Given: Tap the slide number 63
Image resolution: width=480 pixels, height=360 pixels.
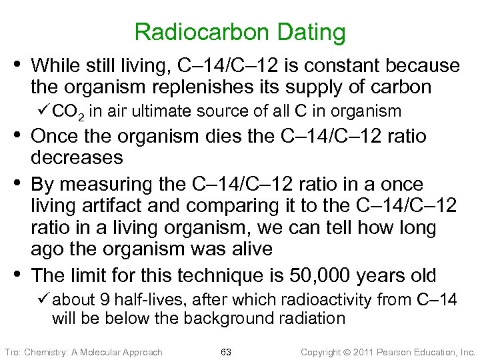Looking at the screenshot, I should tap(225, 351).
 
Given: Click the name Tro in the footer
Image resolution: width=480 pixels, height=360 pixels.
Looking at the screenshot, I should tap(13, 351).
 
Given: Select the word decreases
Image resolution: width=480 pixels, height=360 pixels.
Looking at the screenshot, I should tap(77, 157).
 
